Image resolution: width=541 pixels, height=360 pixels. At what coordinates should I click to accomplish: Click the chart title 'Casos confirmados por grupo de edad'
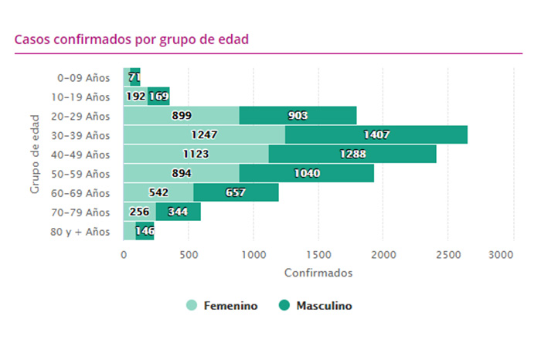(131, 39)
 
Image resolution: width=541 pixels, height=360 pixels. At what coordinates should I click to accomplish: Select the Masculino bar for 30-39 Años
(376, 135)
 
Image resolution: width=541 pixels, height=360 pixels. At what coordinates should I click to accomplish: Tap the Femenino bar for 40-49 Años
(196, 155)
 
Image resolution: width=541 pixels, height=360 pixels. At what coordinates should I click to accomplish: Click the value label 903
(297, 116)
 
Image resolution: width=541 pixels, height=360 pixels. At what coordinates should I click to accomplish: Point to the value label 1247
(204, 135)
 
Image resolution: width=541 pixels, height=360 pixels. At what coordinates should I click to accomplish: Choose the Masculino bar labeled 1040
(307, 174)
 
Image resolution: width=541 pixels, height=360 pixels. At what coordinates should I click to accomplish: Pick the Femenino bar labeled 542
(158, 193)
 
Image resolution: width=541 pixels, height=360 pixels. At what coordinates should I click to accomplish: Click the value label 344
(179, 212)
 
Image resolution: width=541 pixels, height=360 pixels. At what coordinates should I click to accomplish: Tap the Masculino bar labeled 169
(158, 97)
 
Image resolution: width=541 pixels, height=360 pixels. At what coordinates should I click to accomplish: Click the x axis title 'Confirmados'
(318, 273)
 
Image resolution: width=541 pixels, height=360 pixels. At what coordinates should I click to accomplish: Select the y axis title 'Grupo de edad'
(35, 155)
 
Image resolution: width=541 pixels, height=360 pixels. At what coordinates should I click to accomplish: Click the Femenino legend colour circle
(192, 306)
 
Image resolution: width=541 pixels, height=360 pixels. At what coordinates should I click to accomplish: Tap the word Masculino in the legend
(324, 306)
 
